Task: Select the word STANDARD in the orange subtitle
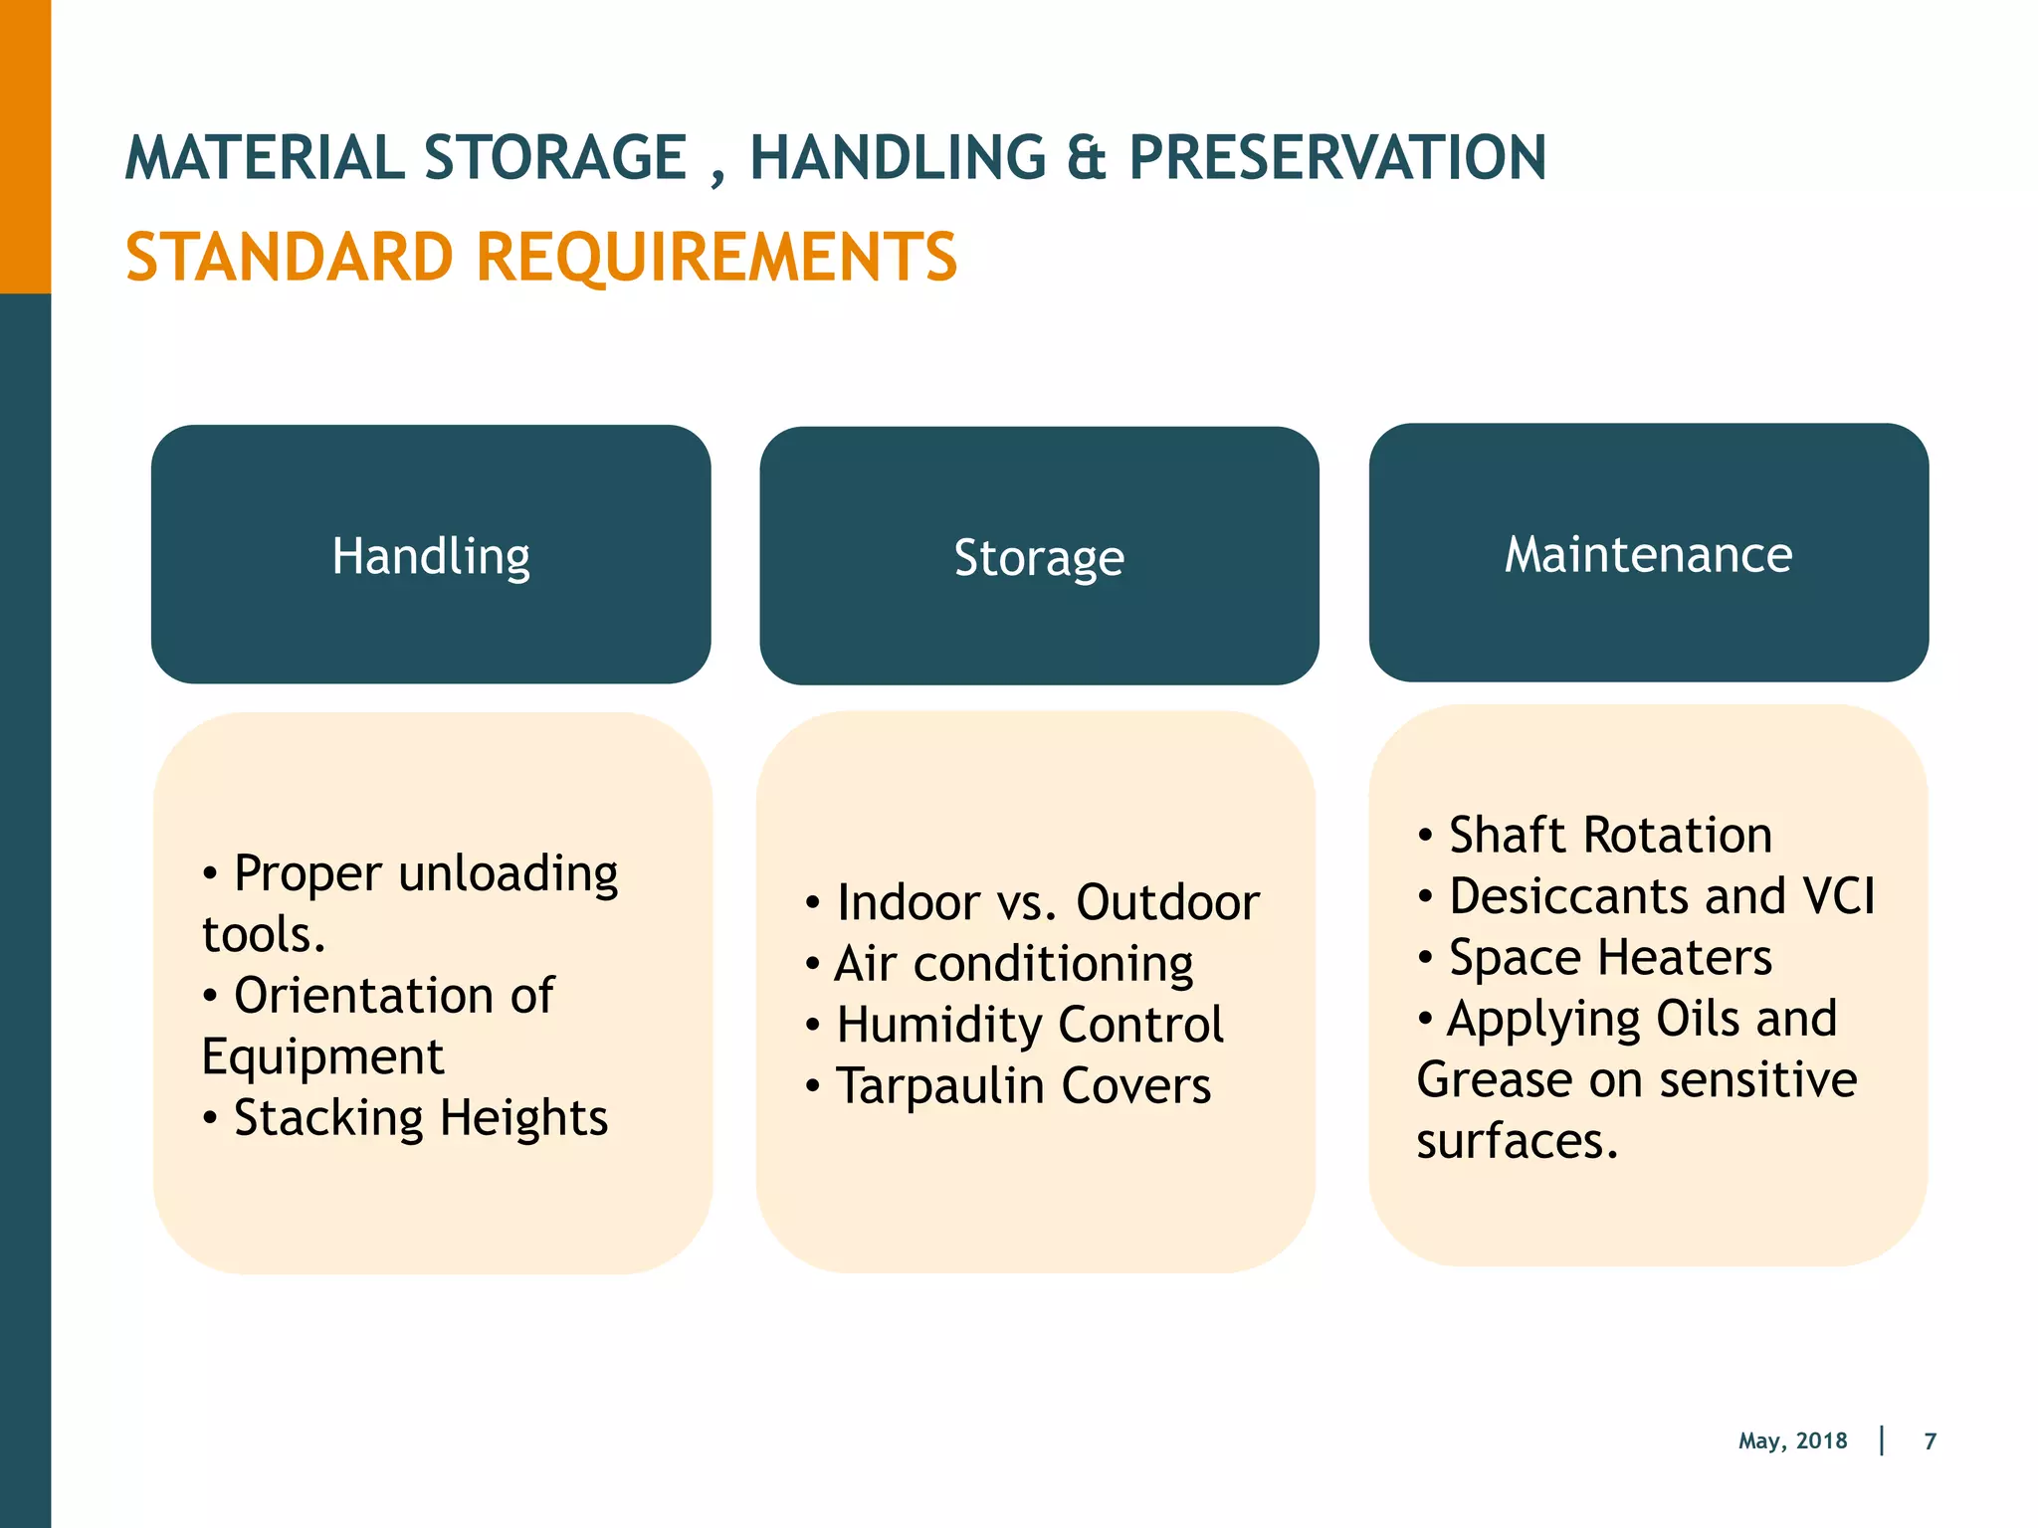tap(290, 258)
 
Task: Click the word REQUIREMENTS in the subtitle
tap(716, 258)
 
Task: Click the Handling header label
tap(431, 555)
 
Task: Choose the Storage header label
tap(1039, 557)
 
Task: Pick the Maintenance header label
tap(1648, 554)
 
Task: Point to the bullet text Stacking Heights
tap(420, 1118)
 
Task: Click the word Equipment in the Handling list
tap(322, 1056)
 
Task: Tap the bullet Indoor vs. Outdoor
tap(1047, 903)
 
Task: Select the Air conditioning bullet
tap(1013, 964)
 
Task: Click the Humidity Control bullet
tap(1029, 1025)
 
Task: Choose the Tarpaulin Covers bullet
tap(1023, 1086)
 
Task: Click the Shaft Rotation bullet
tap(1609, 835)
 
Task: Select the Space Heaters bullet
tap(1609, 958)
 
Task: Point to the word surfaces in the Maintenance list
tap(1517, 1141)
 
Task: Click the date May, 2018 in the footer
tap(1792, 1440)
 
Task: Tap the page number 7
tap(1930, 1440)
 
